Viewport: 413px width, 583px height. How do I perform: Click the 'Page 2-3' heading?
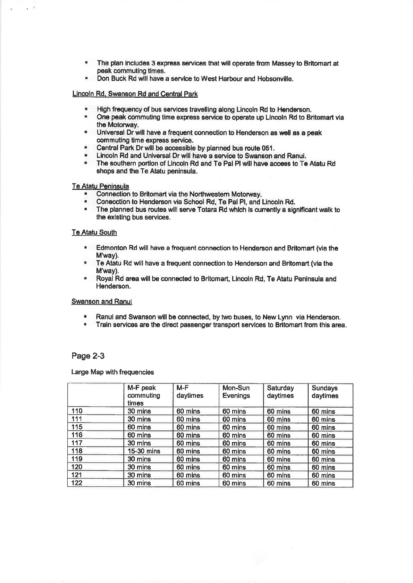coord(88,356)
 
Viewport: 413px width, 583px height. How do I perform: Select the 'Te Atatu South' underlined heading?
coord(94,232)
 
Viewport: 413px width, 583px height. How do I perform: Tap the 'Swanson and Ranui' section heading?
coord(101,302)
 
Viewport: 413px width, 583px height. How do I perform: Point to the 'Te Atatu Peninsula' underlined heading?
coord(100,186)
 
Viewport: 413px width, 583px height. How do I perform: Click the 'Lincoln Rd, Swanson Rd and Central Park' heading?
coord(135,94)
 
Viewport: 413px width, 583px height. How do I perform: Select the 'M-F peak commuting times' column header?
coord(143,395)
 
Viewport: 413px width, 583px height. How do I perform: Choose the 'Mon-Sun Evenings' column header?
coord(236,392)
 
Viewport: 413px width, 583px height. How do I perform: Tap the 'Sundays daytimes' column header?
coord(325,392)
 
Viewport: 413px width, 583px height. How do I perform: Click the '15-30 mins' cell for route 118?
coord(144,451)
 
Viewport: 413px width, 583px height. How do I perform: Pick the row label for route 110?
coord(77,411)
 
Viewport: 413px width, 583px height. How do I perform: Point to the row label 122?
coord(77,483)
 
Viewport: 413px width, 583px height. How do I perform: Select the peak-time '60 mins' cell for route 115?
coord(139,427)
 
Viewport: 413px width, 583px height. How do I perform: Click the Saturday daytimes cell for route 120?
coord(279,467)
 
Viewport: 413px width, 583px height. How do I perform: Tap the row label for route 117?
coord(77,443)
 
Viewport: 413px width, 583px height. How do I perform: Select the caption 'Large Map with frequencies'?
coord(112,372)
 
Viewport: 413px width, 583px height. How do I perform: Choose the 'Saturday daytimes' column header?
coord(280,392)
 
